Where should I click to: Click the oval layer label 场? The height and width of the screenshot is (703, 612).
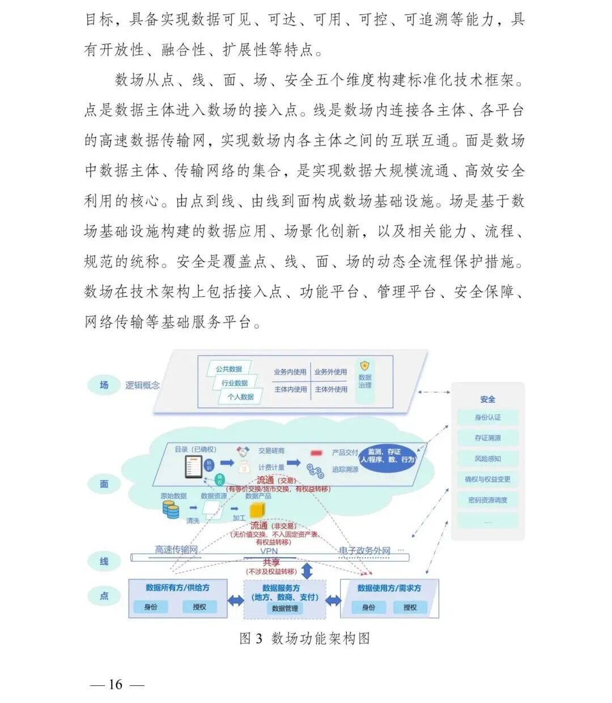point(104,385)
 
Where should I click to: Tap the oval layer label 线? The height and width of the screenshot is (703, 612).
point(104,561)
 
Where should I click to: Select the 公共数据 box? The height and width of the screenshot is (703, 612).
point(229,369)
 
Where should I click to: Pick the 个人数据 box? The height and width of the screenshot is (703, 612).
point(241,397)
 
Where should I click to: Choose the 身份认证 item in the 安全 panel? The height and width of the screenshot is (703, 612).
point(487,418)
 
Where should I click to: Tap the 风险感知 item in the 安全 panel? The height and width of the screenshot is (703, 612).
point(487,458)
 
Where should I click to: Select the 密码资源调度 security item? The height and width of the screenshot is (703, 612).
point(487,500)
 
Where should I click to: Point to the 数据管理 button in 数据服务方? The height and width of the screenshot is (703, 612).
point(285,608)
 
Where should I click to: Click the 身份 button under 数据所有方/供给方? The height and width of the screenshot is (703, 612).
point(151,607)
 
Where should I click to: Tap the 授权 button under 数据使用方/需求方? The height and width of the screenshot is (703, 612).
point(410,608)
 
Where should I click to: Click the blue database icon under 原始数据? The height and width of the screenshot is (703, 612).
point(171,509)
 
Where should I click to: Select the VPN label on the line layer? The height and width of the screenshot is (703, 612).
point(269,551)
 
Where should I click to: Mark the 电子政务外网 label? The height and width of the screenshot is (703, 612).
point(365,550)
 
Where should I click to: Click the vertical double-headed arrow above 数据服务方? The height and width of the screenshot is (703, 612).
point(307,570)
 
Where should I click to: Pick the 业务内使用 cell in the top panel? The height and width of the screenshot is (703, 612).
point(290,372)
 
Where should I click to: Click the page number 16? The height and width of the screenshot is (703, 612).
point(116,684)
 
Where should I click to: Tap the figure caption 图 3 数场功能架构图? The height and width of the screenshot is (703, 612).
point(304,639)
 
